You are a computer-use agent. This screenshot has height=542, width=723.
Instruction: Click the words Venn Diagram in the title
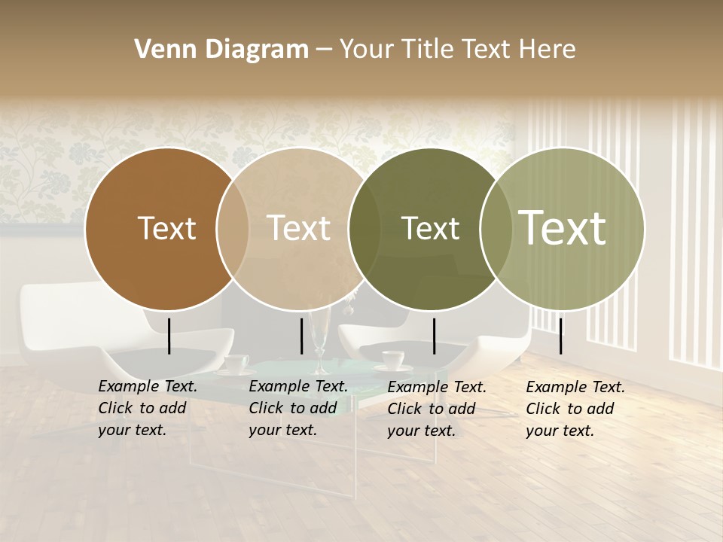point(221,50)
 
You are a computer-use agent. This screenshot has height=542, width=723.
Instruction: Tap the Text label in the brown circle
point(166,229)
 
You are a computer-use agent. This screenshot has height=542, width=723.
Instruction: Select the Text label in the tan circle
point(298,229)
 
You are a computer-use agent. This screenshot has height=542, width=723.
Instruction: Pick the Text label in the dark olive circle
point(430,229)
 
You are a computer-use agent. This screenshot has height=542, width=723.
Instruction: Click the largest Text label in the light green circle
point(562,227)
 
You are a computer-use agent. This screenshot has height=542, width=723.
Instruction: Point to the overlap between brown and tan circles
point(233,229)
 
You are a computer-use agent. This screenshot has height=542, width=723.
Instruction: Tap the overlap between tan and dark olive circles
point(365,229)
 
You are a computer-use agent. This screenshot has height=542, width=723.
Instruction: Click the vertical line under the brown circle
point(169,336)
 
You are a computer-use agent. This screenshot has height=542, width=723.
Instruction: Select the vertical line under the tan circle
point(301,336)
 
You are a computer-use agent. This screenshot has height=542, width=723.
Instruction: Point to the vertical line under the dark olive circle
point(434,336)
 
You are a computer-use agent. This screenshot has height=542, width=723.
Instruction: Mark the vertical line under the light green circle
point(560,336)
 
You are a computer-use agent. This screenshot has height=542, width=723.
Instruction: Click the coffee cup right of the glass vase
point(392,360)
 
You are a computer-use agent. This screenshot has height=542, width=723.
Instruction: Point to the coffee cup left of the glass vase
point(236,364)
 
